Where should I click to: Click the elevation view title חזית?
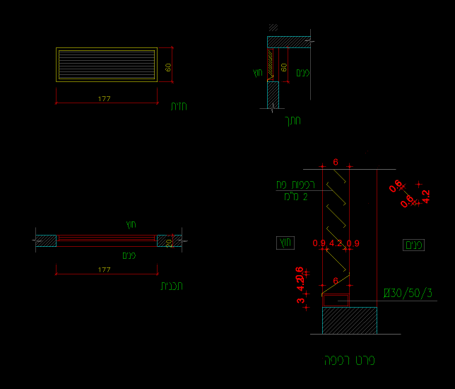point(179,106)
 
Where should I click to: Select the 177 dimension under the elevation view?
point(105,99)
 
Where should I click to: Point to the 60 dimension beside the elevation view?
point(168,67)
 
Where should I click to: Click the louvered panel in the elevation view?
point(106,64)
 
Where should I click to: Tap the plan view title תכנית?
point(172,286)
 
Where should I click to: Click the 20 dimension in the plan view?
point(169,241)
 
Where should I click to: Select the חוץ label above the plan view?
point(131,224)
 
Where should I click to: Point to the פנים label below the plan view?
point(129,255)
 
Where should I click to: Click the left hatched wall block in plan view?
point(46,240)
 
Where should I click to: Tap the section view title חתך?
point(292,120)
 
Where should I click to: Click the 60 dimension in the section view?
point(284,67)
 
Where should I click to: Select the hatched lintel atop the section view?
point(289,42)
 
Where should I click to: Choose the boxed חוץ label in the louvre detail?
point(285,243)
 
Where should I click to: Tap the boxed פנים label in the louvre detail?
point(413,245)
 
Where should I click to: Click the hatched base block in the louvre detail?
point(349,320)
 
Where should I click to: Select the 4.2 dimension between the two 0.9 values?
point(335,243)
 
